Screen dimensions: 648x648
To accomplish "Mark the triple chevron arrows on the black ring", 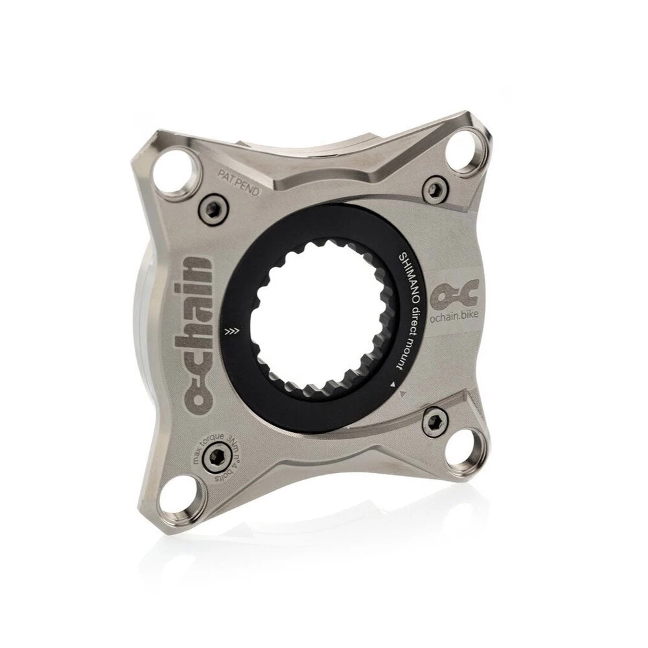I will [x=229, y=332].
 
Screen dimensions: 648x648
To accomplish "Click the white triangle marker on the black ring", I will [x=392, y=386].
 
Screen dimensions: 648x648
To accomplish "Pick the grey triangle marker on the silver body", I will [x=403, y=392].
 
